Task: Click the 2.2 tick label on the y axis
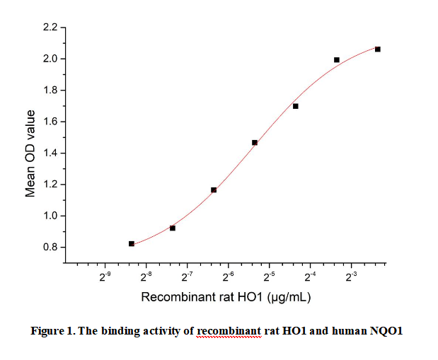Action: pyautogui.click(x=50, y=28)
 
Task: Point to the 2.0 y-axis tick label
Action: pyautogui.click(x=50, y=59)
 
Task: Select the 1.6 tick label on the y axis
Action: pyautogui.click(x=50, y=122)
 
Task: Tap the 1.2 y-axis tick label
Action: pyautogui.click(x=50, y=185)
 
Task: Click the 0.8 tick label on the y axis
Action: pyautogui.click(x=50, y=248)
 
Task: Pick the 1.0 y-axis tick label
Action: pyautogui.click(x=50, y=216)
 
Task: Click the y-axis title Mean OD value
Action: pyautogui.click(x=30, y=153)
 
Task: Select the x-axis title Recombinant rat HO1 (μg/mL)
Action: pyautogui.click(x=226, y=296)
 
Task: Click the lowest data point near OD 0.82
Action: pyautogui.click(x=132, y=243)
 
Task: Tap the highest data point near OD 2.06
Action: pyautogui.click(x=378, y=49)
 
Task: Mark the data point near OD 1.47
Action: pyautogui.click(x=255, y=142)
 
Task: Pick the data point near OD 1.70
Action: pyautogui.click(x=296, y=106)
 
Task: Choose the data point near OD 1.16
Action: pyautogui.click(x=214, y=190)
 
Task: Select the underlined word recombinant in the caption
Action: pyautogui.click(x=229, y=331)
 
